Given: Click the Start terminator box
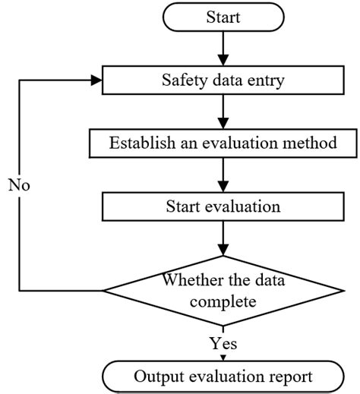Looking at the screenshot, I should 223,16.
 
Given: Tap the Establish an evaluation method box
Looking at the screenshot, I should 223,142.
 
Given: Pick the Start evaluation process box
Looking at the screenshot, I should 223,206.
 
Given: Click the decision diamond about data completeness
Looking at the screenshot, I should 223,290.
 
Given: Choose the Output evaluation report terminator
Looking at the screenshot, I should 223,376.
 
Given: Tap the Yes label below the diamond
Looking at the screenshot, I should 223,343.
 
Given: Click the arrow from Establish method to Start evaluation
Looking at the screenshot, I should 223,174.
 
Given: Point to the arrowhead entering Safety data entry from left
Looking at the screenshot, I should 94,77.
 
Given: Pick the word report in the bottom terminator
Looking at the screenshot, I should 290,376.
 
